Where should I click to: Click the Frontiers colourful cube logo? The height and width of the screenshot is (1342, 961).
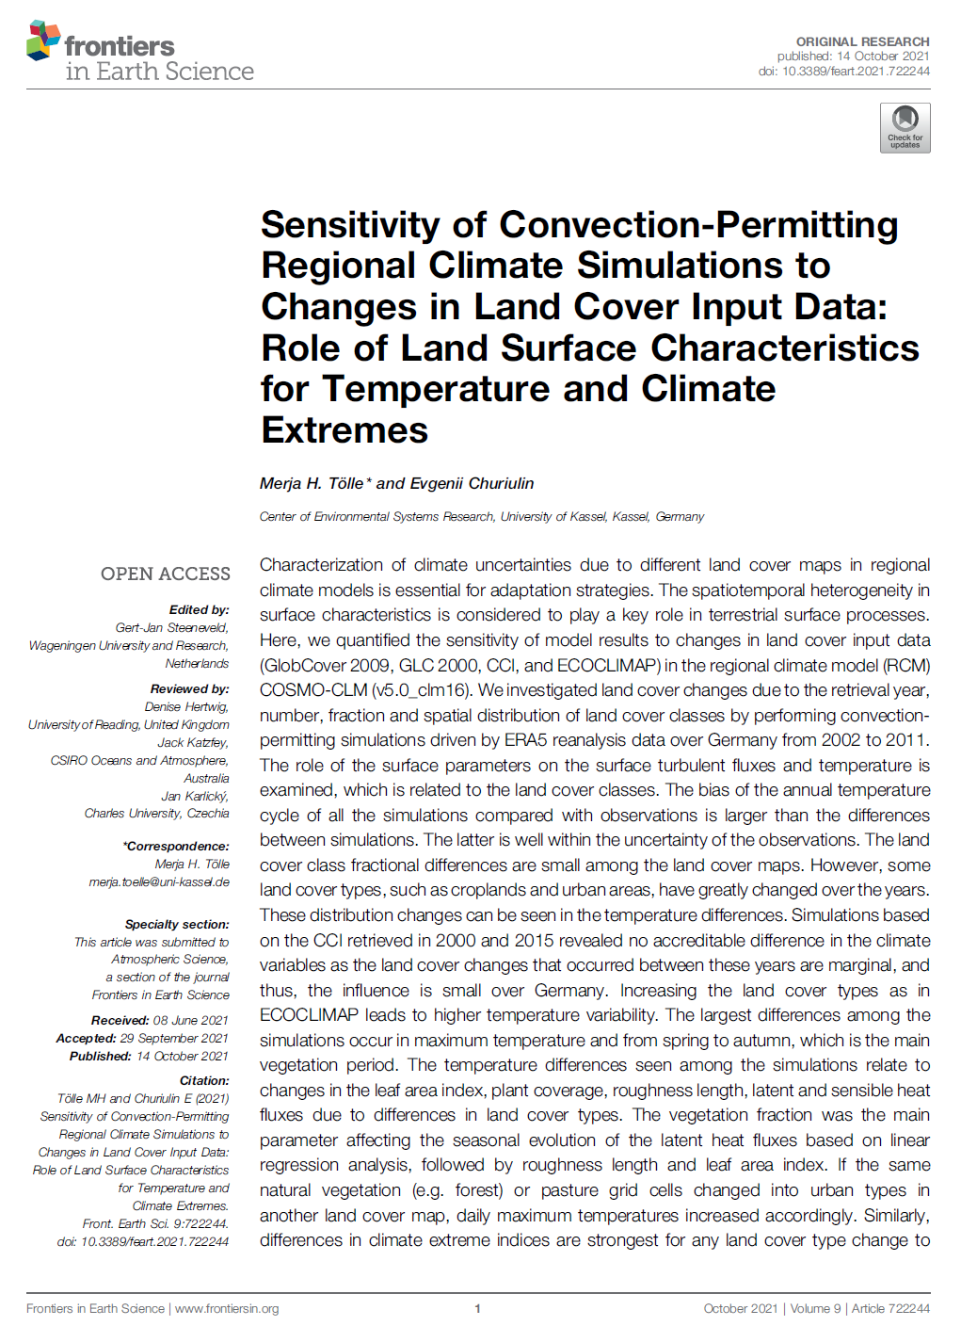43,40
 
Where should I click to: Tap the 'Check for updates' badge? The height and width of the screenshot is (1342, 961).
905,128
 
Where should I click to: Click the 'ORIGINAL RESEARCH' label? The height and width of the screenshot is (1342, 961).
862,41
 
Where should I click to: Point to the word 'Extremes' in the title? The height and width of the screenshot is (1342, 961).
344,430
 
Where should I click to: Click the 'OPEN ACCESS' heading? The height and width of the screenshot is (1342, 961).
166,574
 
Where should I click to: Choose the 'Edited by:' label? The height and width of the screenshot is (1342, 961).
199,609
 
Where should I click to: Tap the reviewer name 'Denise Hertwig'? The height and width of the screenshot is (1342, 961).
186,706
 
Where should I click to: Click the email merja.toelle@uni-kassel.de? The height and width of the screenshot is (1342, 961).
159,882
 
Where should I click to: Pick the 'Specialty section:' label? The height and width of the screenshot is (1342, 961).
177,924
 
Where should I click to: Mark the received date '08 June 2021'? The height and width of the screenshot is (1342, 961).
190,1020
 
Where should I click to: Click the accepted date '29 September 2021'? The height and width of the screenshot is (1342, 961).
174,1038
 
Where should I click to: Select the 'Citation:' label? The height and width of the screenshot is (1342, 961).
204,1080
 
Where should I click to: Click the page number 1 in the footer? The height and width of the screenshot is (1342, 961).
478,1308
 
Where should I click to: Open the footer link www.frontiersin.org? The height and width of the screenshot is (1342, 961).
227,1308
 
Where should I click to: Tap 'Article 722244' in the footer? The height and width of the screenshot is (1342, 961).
890,1308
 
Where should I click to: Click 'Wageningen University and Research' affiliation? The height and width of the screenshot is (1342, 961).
128,645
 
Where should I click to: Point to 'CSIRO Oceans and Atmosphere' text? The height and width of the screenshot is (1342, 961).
139,760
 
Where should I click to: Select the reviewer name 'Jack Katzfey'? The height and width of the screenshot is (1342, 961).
193,742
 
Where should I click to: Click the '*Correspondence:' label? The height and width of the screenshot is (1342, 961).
176,846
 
